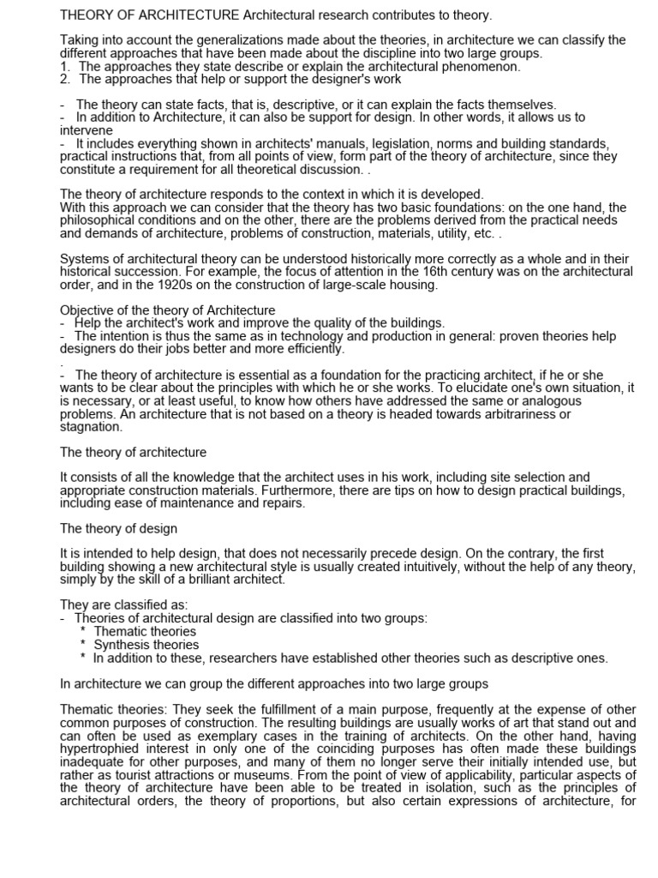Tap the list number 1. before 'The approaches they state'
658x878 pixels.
click(65, 66)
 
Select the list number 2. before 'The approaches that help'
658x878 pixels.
click(65, 79)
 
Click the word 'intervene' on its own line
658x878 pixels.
click(85, 130)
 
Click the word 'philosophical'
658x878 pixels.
click(103, 219)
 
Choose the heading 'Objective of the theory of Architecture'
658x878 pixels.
click(167, 310)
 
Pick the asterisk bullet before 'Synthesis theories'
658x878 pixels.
click(82, 645)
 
